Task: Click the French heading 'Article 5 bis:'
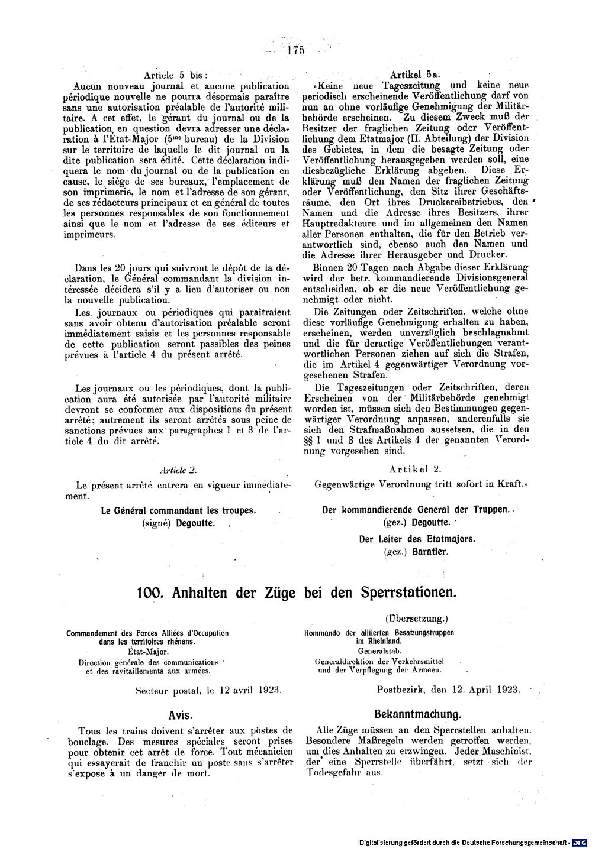[176, 75]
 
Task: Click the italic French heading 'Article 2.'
[178, 470]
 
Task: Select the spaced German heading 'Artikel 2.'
[415, 470]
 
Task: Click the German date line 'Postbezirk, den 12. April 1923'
[448, 690]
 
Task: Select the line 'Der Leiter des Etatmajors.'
[417, 539]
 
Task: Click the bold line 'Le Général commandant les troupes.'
[178, 510]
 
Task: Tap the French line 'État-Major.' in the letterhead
[147, 652]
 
